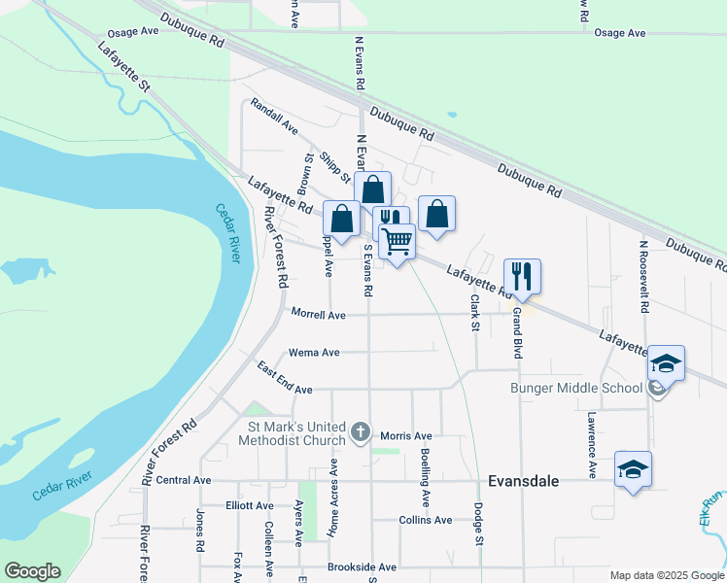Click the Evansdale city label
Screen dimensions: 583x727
[x=527, y=480]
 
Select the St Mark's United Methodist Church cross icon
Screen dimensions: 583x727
[x=361, y=431]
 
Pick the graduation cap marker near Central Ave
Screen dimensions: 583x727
[x=634, y=469]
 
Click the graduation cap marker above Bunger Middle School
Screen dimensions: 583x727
[x=667, y=363]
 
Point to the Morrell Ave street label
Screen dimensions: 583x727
[x=319, y=315]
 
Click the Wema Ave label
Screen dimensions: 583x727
[x=314, y=353]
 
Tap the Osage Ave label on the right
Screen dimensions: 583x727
[x=620, y=33]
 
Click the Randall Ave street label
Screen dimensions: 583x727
[x=274, y=115]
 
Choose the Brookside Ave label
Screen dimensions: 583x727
[x=362, y=566]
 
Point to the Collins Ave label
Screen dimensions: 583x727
[x=426, y=520]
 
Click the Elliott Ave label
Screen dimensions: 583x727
[x=250, y=505]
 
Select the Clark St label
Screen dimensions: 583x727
[x=476, y=313]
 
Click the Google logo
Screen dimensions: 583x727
[x=33, y=571]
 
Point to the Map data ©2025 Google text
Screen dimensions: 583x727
[x=667, y=575]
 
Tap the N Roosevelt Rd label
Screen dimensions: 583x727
[x=643, y=276]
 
